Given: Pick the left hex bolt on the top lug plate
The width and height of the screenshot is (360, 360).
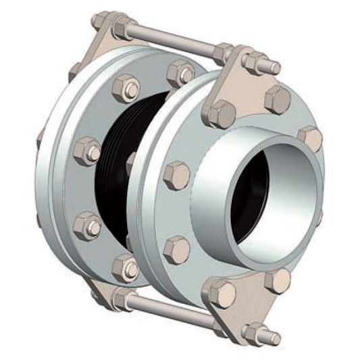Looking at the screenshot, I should click(x=222, y=113).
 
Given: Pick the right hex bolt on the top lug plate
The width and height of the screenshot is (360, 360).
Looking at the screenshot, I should click(x=278, y=99).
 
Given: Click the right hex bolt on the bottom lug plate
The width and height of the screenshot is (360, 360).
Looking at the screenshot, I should click(x=276, y=280).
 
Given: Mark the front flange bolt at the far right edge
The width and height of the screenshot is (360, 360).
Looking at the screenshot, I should click(x=311, y=138).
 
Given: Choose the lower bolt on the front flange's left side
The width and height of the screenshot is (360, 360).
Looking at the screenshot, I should click(x=176, y=249).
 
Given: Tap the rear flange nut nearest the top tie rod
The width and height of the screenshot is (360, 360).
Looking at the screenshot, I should click(x=181, y=72).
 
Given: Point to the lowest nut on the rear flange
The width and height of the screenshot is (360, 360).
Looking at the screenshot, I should click(x=126, y=267).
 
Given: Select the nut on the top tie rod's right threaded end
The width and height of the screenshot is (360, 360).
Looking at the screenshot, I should click(x=255, y=63).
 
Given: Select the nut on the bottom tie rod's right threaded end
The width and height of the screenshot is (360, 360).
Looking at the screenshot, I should click(x=254, y=332).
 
